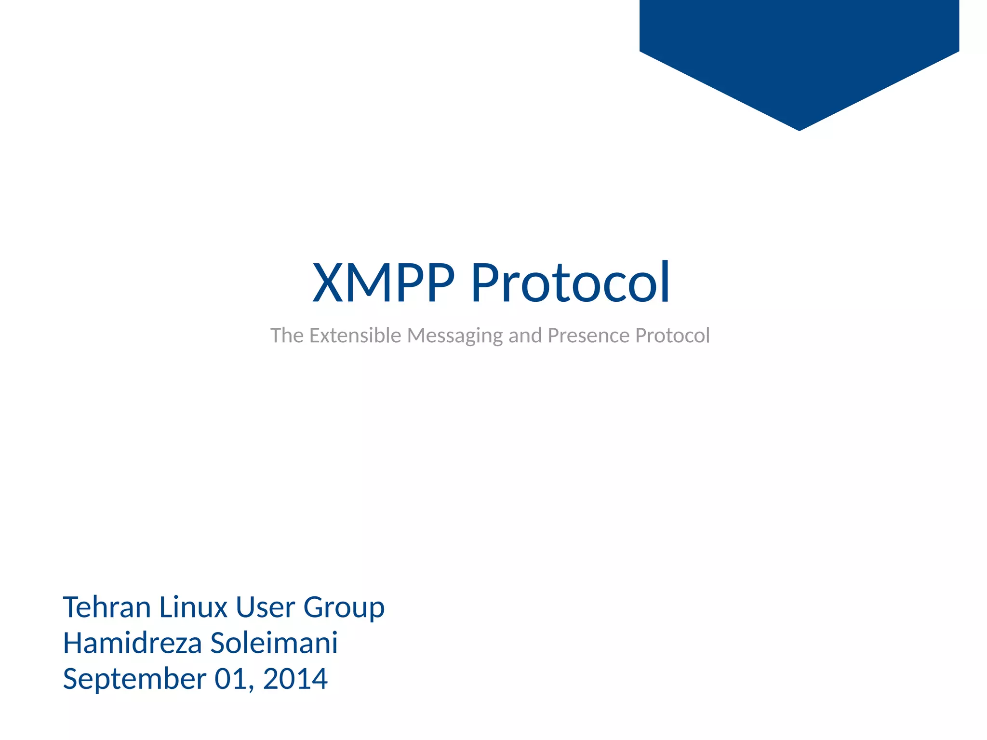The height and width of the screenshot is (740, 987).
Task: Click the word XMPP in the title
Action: tap(383, 283)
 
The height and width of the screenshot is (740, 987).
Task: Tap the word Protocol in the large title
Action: tap(570, 283)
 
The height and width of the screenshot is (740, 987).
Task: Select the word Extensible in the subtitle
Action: tap(355, 336)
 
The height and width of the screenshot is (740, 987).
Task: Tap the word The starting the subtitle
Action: tap(287, 336)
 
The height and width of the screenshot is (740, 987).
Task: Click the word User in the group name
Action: tap(265, 607)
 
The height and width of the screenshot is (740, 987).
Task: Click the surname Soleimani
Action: tap(274, 644)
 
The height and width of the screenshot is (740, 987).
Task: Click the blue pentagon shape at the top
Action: tap(799, 48)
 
